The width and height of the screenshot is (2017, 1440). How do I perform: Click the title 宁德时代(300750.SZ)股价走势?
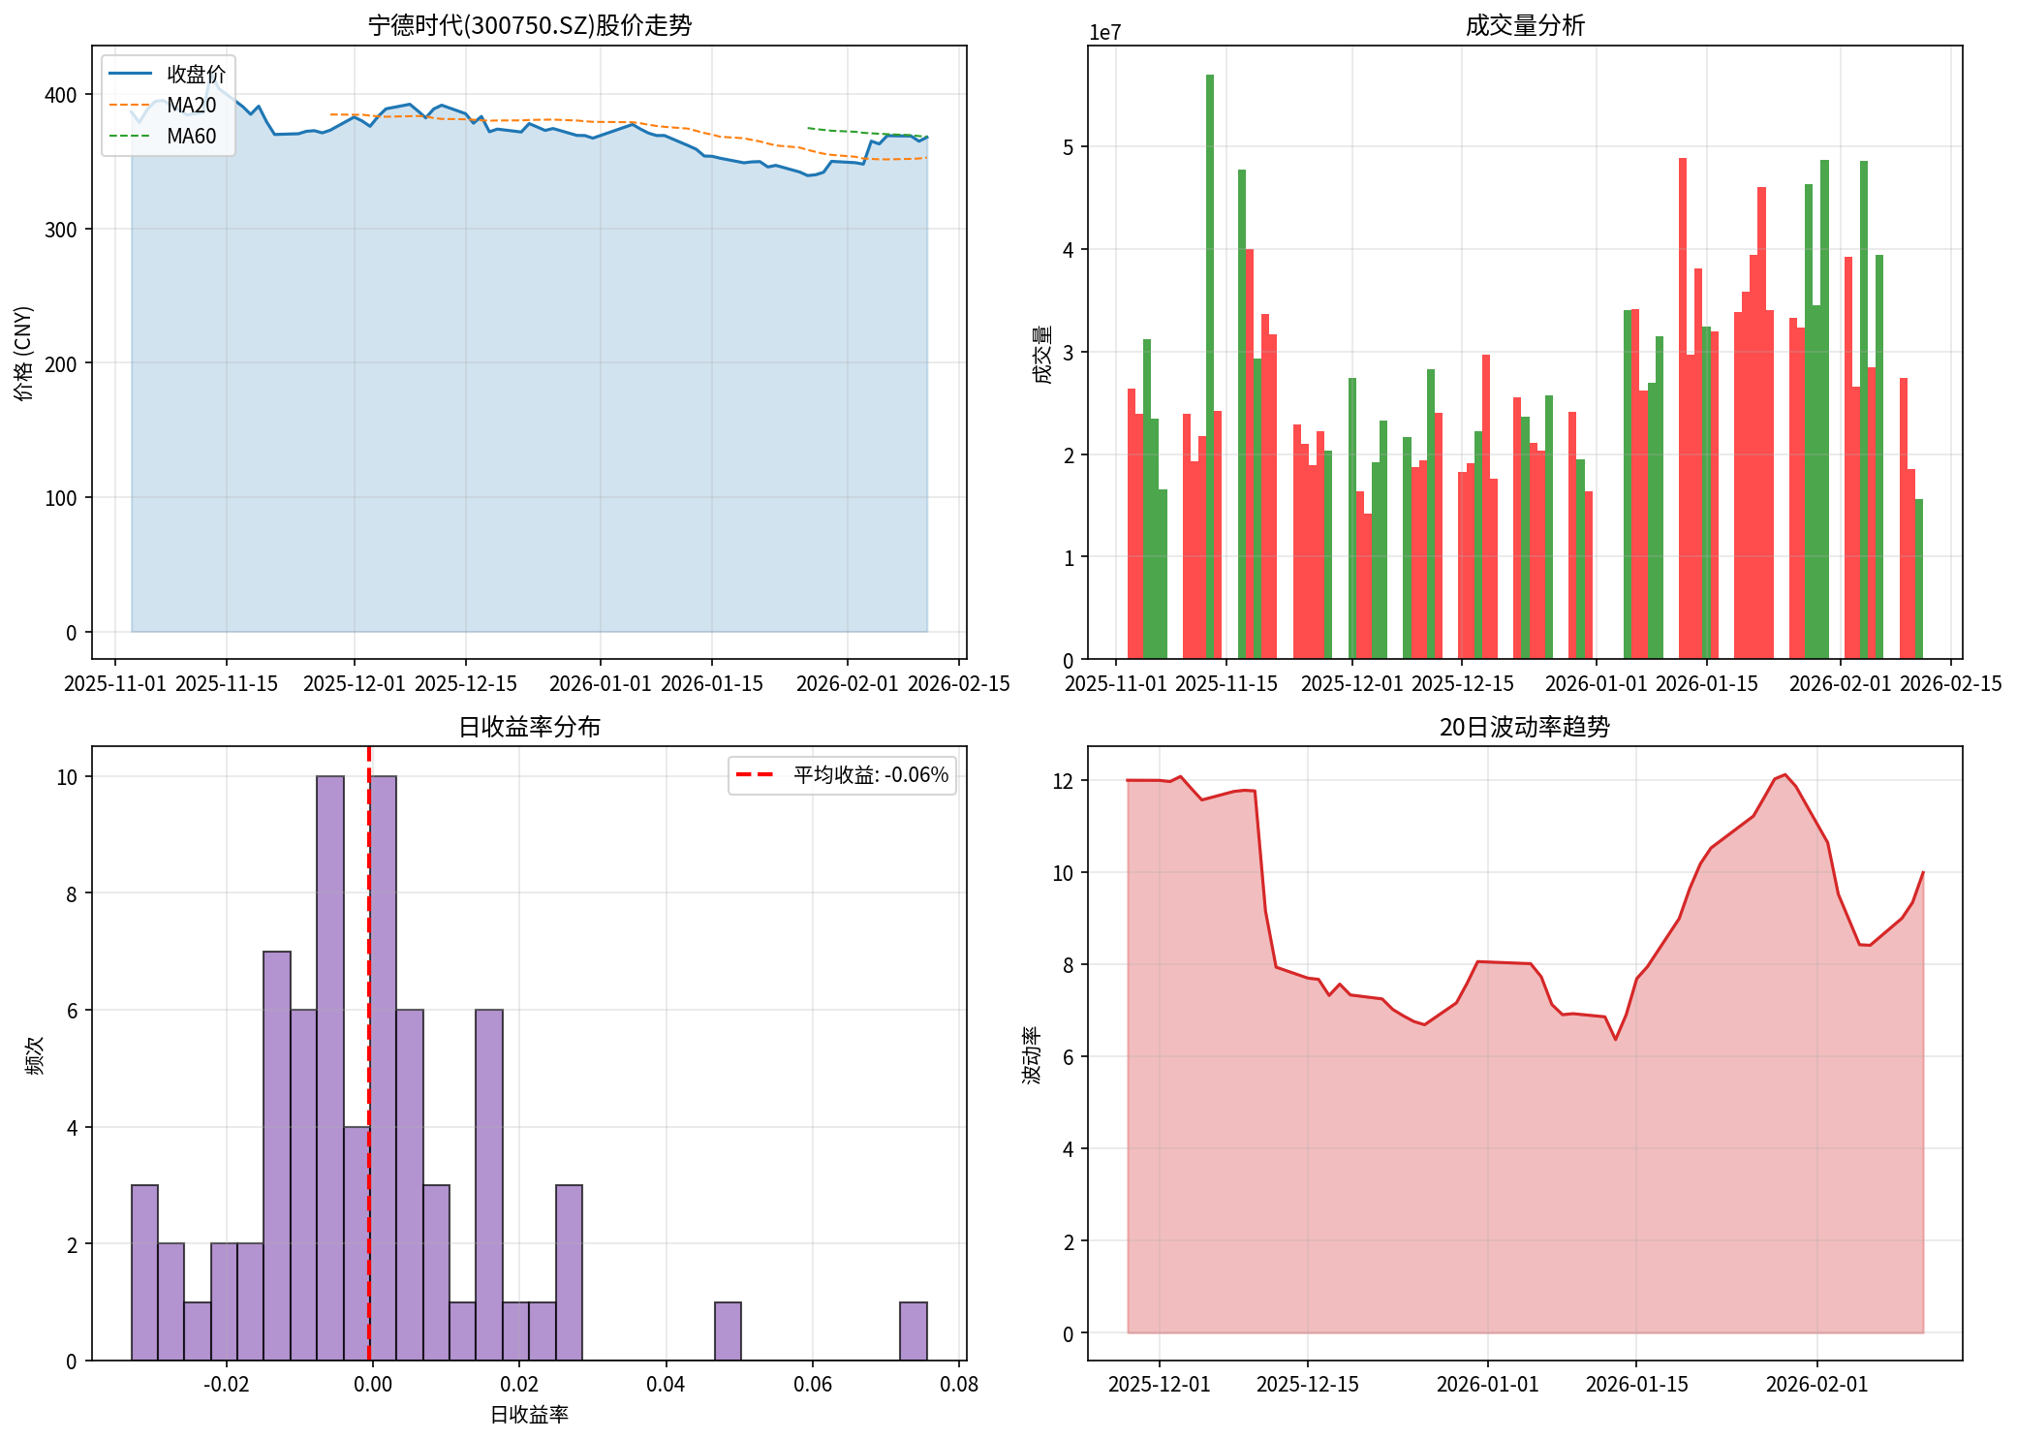pyautogui.click(x=530, y=25)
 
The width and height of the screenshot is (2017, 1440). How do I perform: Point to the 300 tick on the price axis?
pyautogui.click(x=61, y=230)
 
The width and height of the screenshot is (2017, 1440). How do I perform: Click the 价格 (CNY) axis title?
pyautogui.click(x=24, y=353)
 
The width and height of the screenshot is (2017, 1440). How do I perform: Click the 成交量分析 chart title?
pyautogui.click(x=1524, y=25)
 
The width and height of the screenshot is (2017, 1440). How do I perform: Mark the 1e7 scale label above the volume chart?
pyautogui.click(x=1104, y=33)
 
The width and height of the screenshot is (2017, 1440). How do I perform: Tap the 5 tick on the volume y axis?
pyautogui.click(x=1068, y=147)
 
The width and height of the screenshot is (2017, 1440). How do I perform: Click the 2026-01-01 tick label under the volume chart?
pyautogui.click(x=1596, y=684)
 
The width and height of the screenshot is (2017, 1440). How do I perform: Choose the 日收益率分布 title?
pyautogui.click(x=529, y=727)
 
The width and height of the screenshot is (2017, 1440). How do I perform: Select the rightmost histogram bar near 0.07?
pyautogui.click(x=914, y=1331)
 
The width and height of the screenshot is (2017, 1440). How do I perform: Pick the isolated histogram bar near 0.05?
pyautogui.click(x=728, y=1331)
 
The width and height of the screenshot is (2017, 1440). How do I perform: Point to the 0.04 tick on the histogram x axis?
pyautogui.click(x=666, y=1384)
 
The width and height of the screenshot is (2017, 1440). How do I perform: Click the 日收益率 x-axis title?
pyautogui.click(x=529, y=1415)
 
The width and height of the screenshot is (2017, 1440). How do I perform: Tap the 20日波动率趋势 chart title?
pyautogui.click(x=1524, y=727)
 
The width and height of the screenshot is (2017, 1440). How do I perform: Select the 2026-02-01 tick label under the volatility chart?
pyautogui.click(x=1816, y=1384)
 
